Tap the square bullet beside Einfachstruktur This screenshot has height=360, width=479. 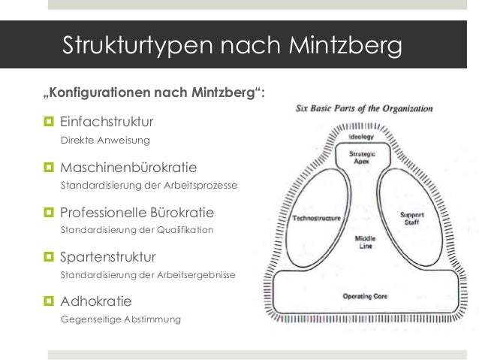49,122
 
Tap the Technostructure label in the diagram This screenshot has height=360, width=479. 316,219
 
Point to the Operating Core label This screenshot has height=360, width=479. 364,296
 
